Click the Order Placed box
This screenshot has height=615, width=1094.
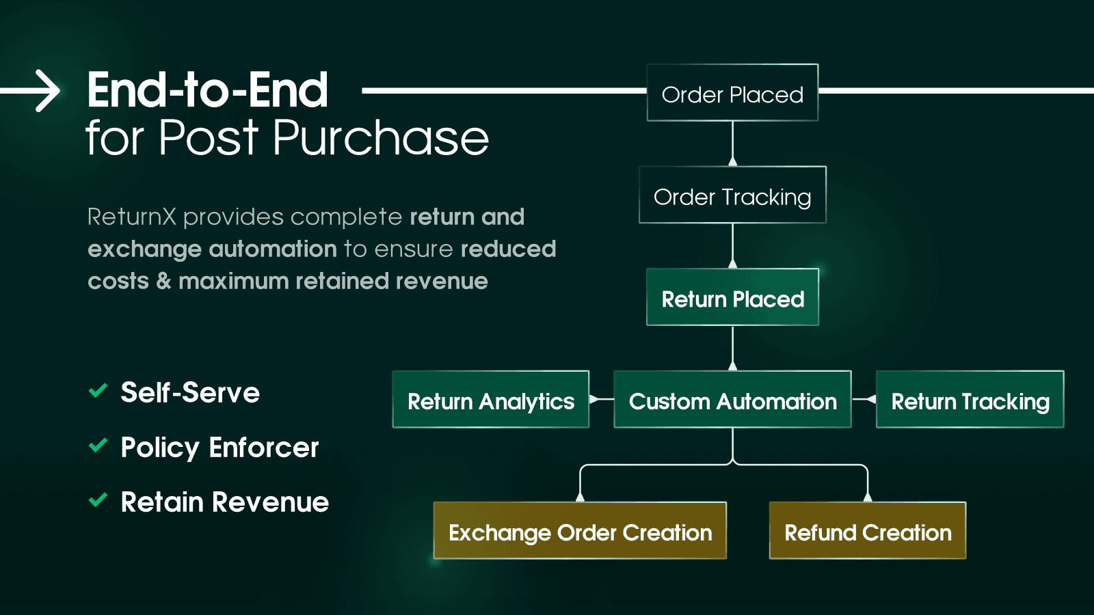pos(732,93)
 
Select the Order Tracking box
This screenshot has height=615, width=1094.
pos(732,195)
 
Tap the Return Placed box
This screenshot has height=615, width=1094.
pos(732,298)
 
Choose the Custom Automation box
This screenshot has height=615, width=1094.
pos(732,400)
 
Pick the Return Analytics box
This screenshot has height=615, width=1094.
pos(490,400)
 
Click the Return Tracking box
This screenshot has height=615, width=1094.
pos(970,400)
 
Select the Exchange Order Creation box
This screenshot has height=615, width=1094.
pos(580,532)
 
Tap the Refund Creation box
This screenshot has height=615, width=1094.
pos(867,532)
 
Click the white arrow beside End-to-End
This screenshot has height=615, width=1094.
pos(34,91)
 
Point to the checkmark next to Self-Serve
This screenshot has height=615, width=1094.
pos(98,391)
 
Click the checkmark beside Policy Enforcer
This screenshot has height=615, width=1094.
pos(98,446)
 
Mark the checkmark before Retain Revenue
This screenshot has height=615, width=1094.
pos(98,500)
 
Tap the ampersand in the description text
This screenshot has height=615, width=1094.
pos(163,281)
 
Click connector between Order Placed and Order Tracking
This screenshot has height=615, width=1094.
pos(732,143)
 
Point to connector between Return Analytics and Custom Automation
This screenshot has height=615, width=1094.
pos(601,399)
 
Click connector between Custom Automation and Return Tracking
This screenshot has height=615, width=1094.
pos(864,399)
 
